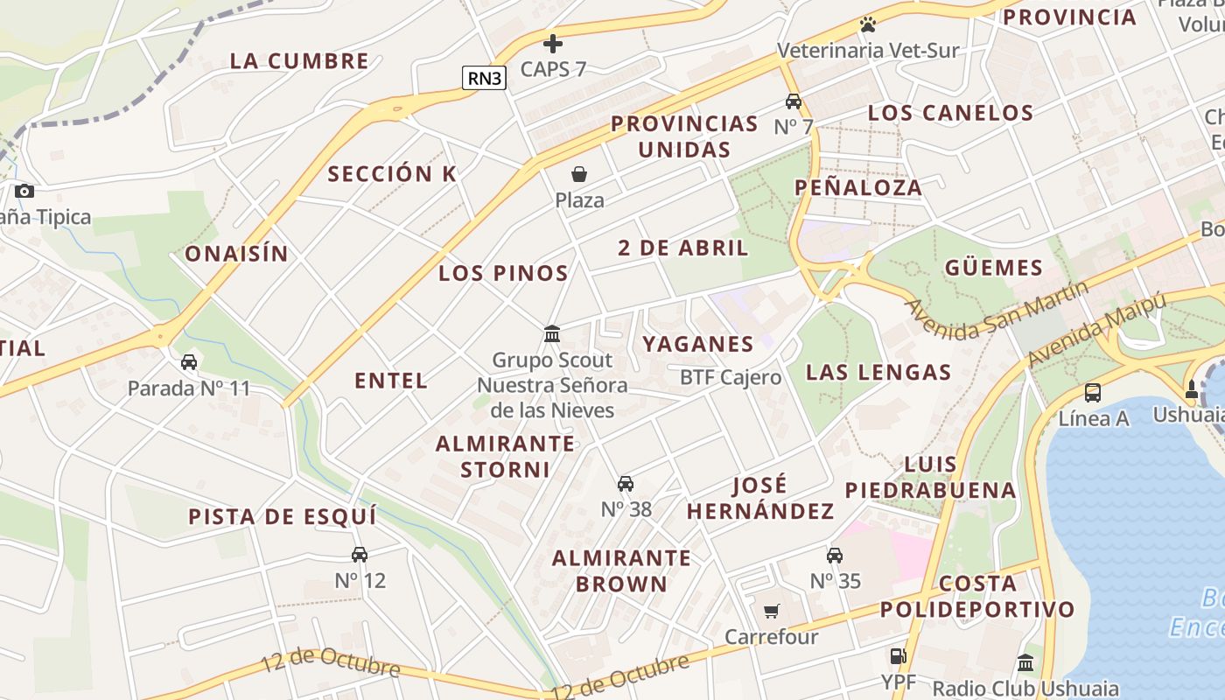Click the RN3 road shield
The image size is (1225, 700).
484,78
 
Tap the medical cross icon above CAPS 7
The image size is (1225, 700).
553,43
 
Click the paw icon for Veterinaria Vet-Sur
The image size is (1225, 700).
867,24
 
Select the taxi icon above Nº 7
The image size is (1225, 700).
794,101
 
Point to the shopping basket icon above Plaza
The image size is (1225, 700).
579,174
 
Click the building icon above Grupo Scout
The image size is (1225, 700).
552,333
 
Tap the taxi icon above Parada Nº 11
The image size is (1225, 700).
189,361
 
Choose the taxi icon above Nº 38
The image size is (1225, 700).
626,483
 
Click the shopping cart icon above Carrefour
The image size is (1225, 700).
771,611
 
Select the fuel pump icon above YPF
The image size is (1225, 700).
897,655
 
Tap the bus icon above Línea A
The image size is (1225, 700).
1093,392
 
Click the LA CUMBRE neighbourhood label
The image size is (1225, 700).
299,61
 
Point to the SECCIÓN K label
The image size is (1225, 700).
392,174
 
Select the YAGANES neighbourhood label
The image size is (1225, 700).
698,344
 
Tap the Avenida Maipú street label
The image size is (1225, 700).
1097,331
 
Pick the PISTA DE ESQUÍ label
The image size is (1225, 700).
283,516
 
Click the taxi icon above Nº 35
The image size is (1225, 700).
835,555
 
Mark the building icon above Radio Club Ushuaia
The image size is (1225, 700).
1025,662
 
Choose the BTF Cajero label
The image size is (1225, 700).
731,377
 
